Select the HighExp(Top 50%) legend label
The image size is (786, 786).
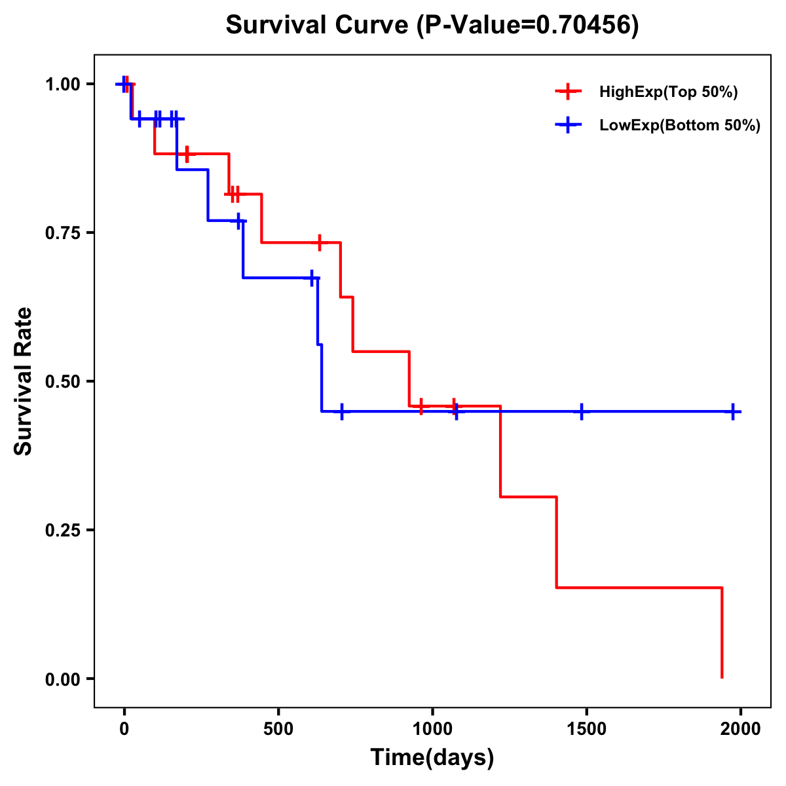coord(669,92)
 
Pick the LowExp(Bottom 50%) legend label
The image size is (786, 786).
coord(680,126)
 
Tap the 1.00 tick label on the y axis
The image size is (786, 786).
coord(62,84)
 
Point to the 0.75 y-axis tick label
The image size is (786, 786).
coord(62,233)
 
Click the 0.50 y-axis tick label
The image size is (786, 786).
coord(62,382)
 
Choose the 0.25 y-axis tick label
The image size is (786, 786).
coord(62,531)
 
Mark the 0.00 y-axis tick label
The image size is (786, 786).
coord(62,679)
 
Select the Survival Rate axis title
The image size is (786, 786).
coord(24,381)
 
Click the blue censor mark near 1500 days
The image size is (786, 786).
coord(582,412)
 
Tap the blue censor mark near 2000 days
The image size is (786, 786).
coord(733,412)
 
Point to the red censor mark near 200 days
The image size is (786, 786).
coord(187,154)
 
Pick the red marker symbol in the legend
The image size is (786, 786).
coord(568,92)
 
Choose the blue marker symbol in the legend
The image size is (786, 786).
coord(568,125)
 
